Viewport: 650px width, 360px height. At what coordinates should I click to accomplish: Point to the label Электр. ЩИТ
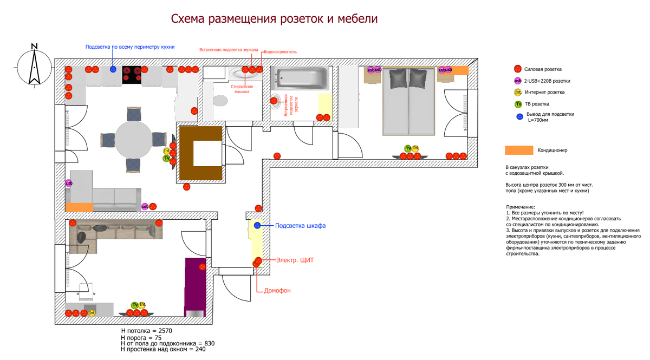tap(295, 260)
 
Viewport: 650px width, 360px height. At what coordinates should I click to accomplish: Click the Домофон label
tap(277, 291)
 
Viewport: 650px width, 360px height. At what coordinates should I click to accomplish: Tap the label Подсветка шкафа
tap(300, 225)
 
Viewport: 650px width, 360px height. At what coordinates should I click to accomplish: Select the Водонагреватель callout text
tap(280, 52)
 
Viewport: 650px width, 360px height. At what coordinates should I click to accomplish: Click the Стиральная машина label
tap(241, 89)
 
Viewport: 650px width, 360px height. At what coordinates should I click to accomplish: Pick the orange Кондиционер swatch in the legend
tap(519, 150)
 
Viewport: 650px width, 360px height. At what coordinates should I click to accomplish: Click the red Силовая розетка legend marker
tap(518, 69)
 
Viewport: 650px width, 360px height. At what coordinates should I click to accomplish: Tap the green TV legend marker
tap(518, 104)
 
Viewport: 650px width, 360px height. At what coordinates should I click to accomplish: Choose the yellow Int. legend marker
tap(518, 93)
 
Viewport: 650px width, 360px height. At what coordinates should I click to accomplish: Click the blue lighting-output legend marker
tap(519, 116)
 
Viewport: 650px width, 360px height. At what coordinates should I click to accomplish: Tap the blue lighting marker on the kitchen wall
tap(113, 69)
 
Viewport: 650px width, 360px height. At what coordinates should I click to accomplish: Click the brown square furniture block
tap(200, 154)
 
